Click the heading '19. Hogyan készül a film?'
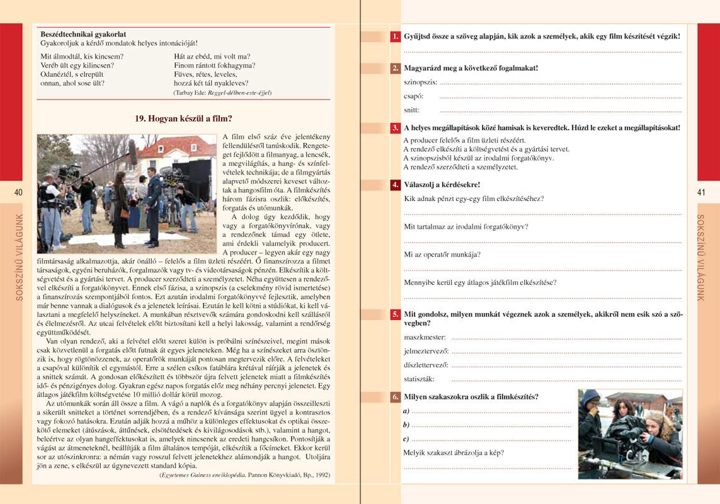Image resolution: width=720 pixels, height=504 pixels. click(183, 118)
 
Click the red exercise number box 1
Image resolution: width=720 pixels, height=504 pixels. click(395, 37)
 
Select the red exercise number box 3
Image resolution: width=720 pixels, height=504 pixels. click(395, 127)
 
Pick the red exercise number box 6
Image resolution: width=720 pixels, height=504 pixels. click(395, 397)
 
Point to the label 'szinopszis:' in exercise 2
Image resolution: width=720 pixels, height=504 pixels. click(420, 83)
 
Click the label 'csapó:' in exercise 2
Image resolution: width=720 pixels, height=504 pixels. click(413, 96)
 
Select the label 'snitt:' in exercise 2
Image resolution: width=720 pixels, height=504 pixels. click(411, 110)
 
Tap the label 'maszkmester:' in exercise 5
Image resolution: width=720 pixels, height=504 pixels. click(425, 338)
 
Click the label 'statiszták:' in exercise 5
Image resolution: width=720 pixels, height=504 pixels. click(419, 379)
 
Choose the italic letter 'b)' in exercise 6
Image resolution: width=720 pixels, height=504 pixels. click(406, 425)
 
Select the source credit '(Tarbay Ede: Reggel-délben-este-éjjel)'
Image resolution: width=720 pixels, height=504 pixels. click(222, 93)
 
